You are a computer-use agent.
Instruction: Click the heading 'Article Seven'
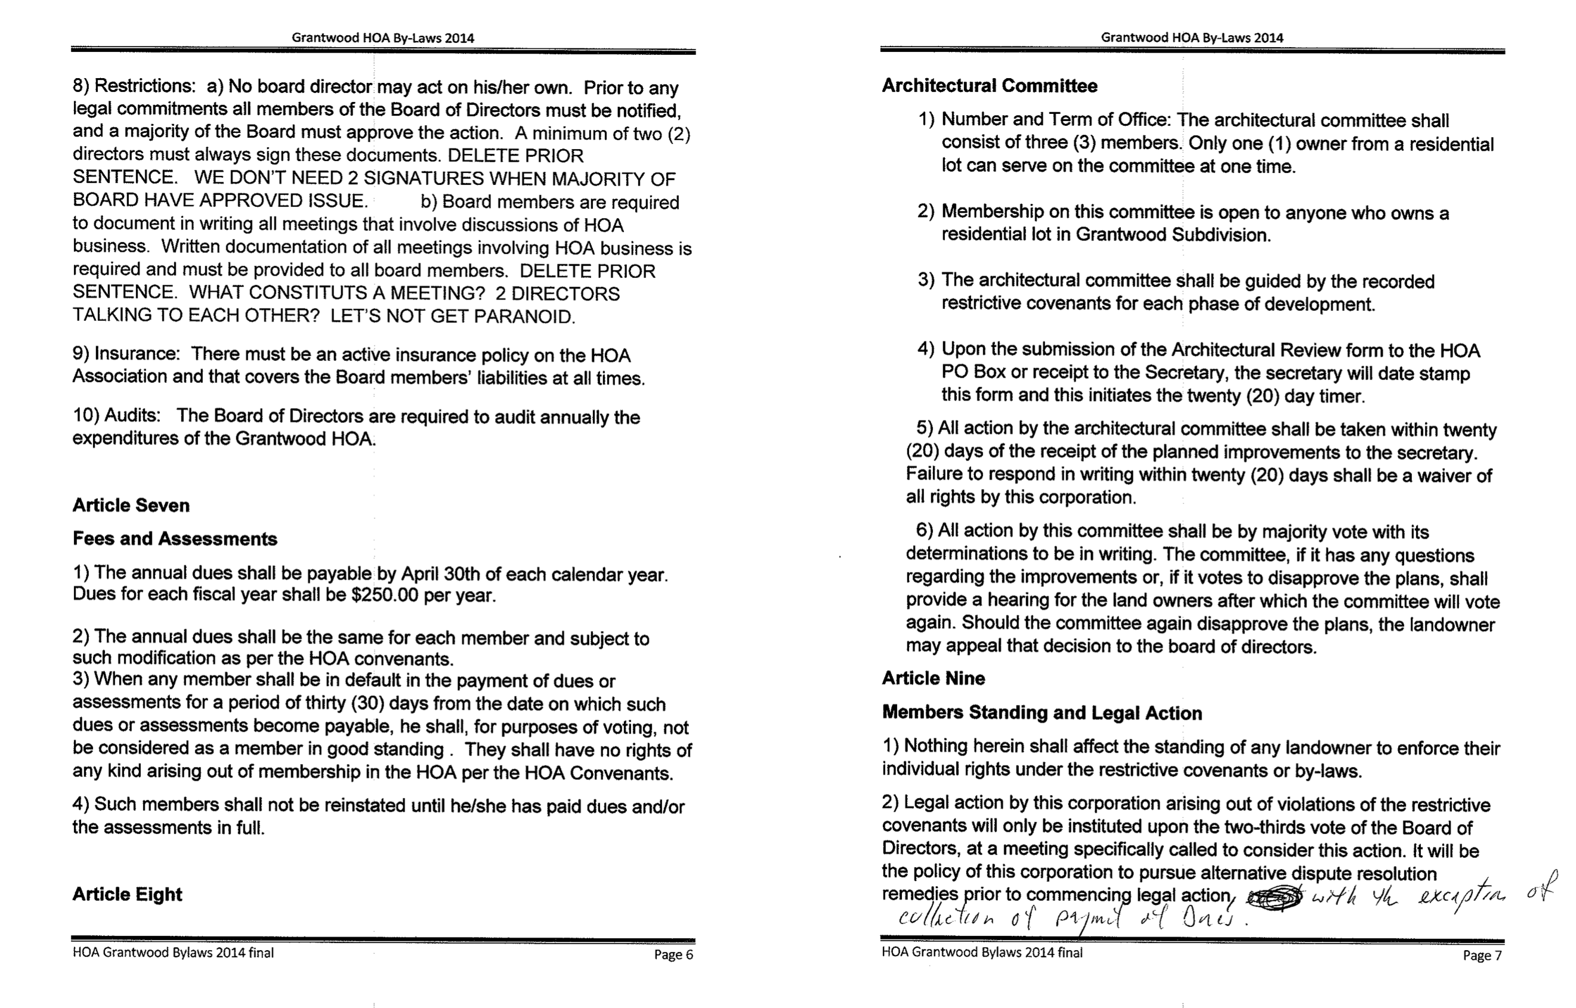[x=131, y=505]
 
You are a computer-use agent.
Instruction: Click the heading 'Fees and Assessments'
[x=175, y=539]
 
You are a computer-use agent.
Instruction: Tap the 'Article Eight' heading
[x=127, y=894]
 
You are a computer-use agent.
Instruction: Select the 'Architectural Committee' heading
[x=989, y=86]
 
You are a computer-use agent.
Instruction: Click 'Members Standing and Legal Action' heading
[x=1042, y=713]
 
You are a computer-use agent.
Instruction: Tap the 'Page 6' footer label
[x=673, y=954]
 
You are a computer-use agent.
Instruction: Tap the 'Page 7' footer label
[x=1482, y=955]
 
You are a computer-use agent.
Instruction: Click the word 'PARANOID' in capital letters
[x=524, y=317]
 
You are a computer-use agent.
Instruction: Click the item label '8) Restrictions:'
[x=134, y=86]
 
